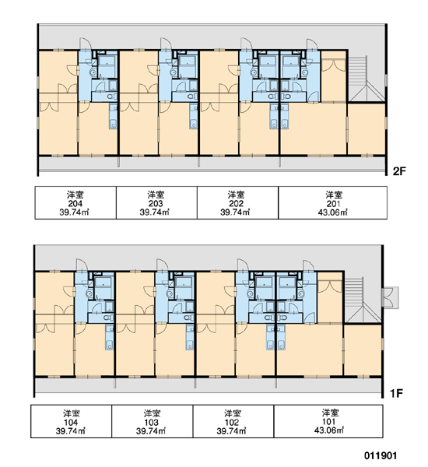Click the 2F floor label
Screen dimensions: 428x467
point(399,171)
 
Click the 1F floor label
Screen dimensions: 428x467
point(396,393)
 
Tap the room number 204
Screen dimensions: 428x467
point(75,204)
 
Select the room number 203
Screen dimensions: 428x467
point(156,204)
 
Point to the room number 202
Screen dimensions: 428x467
point(237,204)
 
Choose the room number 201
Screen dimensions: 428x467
point(333,204)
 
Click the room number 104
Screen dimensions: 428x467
point(71,423)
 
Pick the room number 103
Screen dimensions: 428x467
point(152,423)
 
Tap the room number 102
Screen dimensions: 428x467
point(232,423)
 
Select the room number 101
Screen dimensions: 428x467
point(329,422)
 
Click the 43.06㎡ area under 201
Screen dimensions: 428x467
point(333,212)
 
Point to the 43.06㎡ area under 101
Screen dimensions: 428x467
point(329,430)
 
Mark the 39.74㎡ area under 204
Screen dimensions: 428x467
point(75,212)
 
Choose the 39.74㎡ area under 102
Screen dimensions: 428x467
point(231,431)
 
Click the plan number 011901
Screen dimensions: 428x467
point(381,456)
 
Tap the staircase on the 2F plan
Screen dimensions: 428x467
point(367,79)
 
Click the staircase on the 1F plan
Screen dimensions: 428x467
point(363,300)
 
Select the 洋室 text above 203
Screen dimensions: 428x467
point(156,195)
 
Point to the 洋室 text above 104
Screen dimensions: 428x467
point(71,414)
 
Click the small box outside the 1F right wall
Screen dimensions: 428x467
point(391,297)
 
